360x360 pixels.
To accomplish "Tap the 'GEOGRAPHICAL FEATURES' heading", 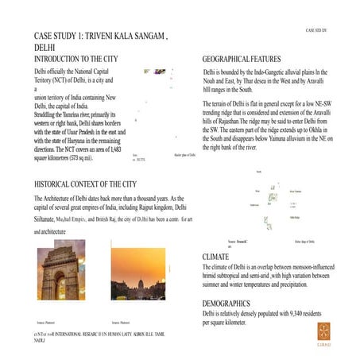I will click(242, 60).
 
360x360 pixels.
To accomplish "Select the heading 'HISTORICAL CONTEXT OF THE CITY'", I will click(95, 184).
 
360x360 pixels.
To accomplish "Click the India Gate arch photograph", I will click(61, 273).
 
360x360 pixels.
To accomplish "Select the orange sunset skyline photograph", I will click(137, 276).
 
